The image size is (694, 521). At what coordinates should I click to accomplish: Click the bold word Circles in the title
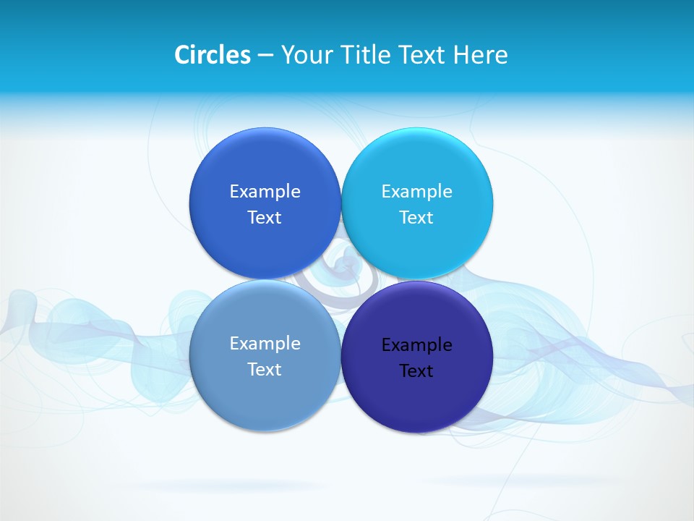212,55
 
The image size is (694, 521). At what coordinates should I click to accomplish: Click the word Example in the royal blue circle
265,192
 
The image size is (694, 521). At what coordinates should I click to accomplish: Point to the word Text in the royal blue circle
265,218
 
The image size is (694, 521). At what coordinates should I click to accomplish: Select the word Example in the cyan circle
416,192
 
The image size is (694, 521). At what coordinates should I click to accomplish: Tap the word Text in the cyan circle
416,218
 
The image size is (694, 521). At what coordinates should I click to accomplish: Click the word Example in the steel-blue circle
265,344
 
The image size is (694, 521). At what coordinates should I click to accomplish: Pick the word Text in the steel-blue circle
265,370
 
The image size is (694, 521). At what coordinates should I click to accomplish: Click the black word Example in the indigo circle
416,345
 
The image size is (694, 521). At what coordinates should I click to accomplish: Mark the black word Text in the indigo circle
416,371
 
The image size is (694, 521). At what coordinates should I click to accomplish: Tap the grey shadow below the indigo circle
499,480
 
